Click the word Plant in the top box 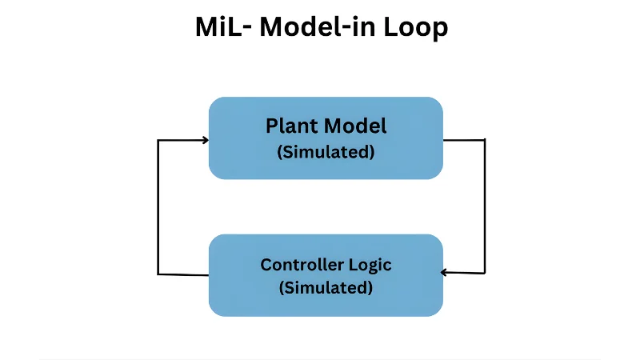point(293,126)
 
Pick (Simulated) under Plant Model point(326,152)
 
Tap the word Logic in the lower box point(371,265)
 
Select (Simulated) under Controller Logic point(326,287)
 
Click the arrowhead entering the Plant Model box point(205,140)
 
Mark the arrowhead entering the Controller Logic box point(446,273)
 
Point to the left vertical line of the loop point(158,207)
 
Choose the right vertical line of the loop point(485,206)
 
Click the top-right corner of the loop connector point(485,140)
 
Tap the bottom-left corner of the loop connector point(158,274)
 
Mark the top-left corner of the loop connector point(158,141)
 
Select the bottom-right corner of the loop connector point(485,273)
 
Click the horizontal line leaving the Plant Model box point(464,140)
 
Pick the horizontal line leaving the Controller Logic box point(183,274)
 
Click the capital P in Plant point(272,126)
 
